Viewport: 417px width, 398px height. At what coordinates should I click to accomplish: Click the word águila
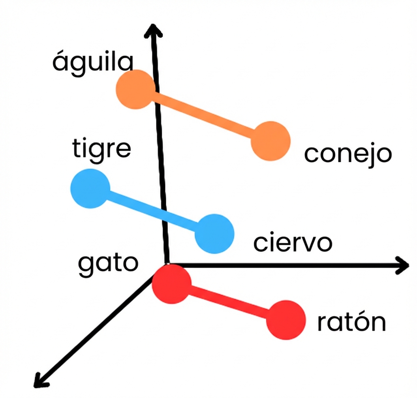click(93, 63)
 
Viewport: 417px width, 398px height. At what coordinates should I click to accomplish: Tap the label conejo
click(347, 154)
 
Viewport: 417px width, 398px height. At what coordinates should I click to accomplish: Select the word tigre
click(101, 149)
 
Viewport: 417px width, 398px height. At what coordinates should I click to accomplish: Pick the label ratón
click(351, 323)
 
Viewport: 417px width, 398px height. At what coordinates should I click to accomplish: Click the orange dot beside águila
click(134, 90)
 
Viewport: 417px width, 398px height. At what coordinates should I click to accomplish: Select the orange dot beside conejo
click(271, 141)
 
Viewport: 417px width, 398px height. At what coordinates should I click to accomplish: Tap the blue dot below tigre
click(90, 188)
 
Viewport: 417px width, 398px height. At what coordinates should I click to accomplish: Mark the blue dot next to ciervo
click(214, 233)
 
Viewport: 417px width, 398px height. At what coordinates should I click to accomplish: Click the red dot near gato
click(172, 284)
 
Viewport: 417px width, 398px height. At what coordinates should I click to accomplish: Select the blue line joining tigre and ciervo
click(152, 211)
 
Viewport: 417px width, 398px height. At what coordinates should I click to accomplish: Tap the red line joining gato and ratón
click(229, 302)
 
